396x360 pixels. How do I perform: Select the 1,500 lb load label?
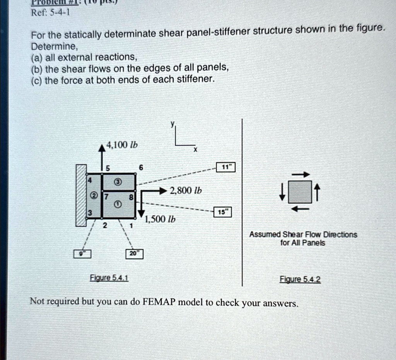(x=160, y=220)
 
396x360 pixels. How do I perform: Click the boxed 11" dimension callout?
(x=225, y=167)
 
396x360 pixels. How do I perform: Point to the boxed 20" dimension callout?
(x=134, y=254)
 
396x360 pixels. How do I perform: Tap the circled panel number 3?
(x=118, y=181)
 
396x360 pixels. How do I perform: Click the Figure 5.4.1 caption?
(x=109, y=278)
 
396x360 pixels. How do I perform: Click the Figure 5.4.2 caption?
(x=300, y=279)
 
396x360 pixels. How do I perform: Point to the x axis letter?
(x=195, y=150)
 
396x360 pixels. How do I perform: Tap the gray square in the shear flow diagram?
(x=300, y=192)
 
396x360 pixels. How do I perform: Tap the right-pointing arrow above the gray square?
(x=300, y=175)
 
